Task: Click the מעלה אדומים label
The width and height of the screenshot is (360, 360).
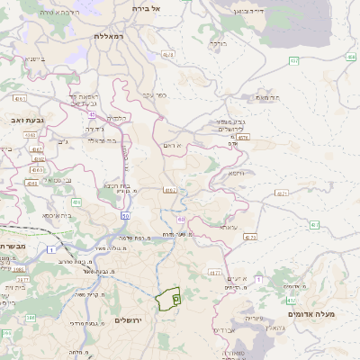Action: (311, 314)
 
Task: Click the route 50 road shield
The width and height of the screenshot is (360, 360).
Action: (126, 215)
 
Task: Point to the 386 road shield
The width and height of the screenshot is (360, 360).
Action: (31, 318)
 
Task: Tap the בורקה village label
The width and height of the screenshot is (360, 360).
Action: (217, 42)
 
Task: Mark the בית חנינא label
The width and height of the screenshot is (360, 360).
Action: (116, 186)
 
